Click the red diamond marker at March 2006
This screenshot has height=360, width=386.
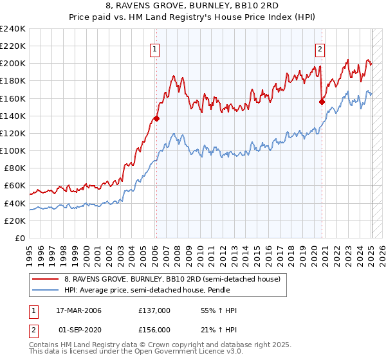[x=156, y=118]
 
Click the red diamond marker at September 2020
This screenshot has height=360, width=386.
[x=322, y=101]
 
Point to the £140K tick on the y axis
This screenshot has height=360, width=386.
[x=13, y=116]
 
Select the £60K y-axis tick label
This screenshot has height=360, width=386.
[x=15, y=186]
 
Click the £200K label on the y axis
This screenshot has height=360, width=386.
[x=13, y=64]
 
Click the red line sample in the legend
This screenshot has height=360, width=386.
[x=46, y=279]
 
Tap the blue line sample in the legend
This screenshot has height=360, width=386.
[x=46, y=290]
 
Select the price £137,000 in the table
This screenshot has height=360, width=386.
[x=154, y=311]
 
